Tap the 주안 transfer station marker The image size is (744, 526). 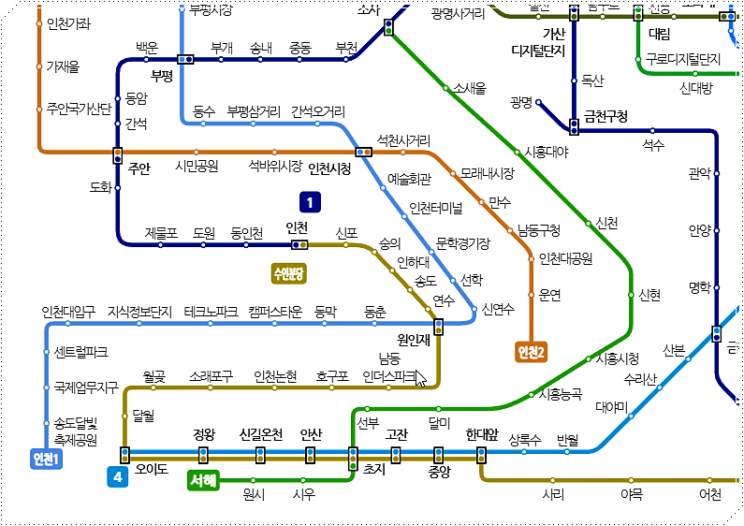point(118,154)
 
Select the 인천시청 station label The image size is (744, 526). point(329,168)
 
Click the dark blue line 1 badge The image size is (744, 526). point(310,201)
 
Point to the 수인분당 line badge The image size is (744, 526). point(290,273)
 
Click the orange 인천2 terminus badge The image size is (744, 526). point(531,352)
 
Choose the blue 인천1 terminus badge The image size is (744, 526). point(45,459)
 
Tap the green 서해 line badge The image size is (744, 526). point(203,481)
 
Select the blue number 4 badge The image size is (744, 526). point(118,477)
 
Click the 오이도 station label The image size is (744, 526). point(152,470)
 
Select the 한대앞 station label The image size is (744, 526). point(482,435)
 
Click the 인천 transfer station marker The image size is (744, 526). point(299,245)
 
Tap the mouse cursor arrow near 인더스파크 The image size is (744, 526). point(421,378)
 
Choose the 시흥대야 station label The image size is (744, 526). point(547,152)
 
